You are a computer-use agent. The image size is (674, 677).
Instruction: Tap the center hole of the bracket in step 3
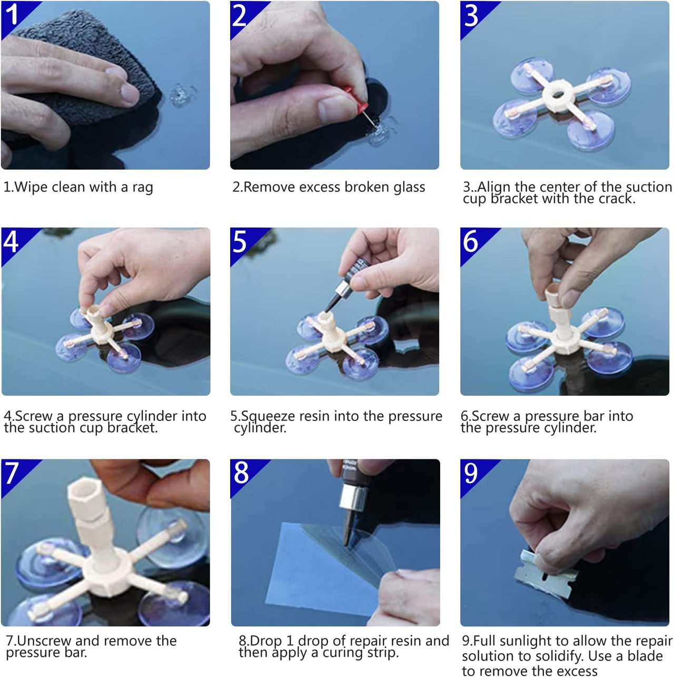(558, 94)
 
